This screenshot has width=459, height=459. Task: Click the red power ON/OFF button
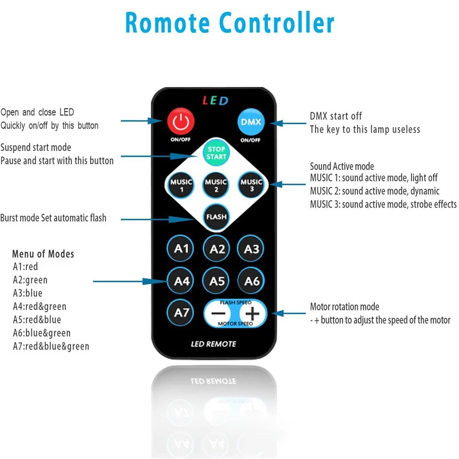click(x=181, y=122)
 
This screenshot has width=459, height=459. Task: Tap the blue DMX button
click(x=250, y=122)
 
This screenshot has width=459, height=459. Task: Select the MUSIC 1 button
click(x=181, y=185)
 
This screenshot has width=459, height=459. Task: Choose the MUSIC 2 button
click(x=216, y=185)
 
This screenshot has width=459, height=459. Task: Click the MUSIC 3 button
click(x=251, y=185)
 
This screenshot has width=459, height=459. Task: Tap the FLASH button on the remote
click(x=216, y=217)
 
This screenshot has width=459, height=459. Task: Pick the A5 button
click(x=217, y=281)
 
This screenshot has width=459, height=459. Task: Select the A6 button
click(x=252, y=281)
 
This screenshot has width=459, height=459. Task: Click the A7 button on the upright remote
click(x=181, y=313)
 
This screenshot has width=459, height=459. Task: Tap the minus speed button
click(x=218, y=314)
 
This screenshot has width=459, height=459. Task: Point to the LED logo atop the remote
click(x=215, y=101)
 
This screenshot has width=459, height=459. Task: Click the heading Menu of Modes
click(x=43, y=254)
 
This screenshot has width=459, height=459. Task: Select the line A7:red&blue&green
click(x=51, y=346)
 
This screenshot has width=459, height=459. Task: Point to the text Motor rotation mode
click(x=344, y=307)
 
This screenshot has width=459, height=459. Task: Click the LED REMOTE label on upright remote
click(x=213, y=344)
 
